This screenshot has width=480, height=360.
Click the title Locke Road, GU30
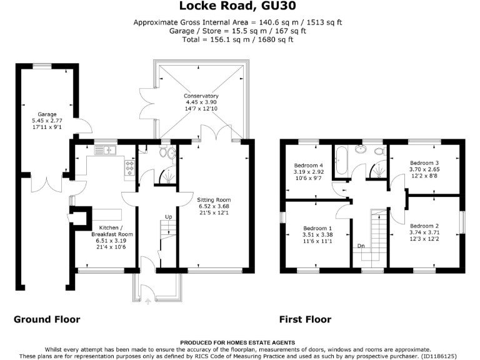(x=239, y=7)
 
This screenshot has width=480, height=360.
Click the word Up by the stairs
(x=168, y=217)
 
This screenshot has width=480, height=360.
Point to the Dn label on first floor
(x=361, y=246)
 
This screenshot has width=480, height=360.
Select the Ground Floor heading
(x=47, y=319)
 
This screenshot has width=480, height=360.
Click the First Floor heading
(x=305, y=319)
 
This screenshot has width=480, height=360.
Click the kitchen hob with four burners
(x=130, y=167)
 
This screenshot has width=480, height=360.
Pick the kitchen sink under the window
(x=103, y=150)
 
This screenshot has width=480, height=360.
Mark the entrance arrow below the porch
(x=148, y=301)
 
